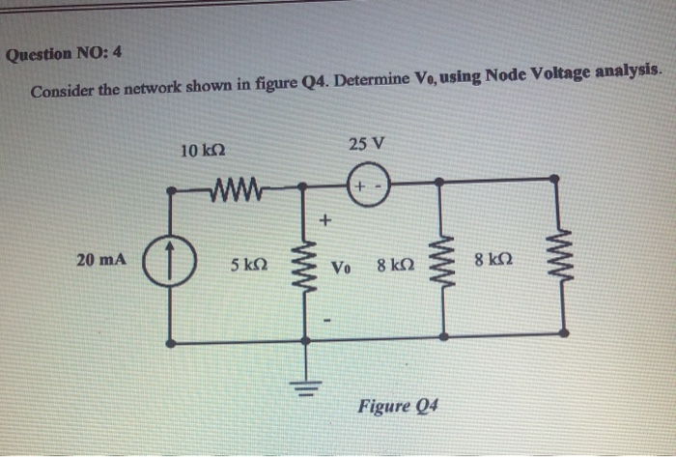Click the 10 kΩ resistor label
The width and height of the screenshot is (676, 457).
tap(204, 151)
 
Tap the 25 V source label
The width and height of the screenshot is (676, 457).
tap(366, 144)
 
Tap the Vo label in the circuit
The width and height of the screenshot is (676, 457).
tap(341, 267)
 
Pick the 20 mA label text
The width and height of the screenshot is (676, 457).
tap(99, 259)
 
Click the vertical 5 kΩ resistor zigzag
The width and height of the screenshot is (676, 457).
tap(309, 261)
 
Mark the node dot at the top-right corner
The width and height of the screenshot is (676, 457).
tap(554, 180)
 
